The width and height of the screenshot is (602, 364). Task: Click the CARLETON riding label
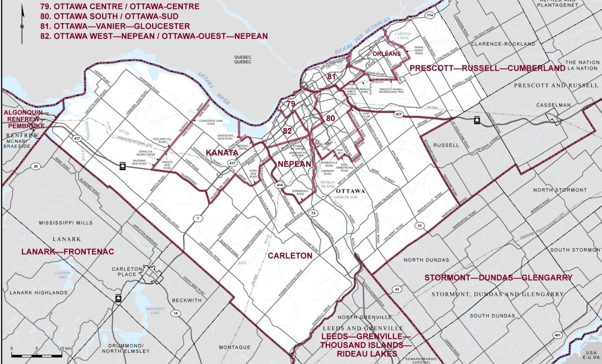click(290, 256)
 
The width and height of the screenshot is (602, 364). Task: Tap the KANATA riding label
click(222, 153)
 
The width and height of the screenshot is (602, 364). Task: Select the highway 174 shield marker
click(430, 15)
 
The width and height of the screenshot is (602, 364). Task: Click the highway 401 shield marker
click(557, 335)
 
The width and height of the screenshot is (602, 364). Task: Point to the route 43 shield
click(397, 289)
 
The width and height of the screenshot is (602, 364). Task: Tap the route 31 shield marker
click(420, 226)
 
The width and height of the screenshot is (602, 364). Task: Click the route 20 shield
click(36, 166)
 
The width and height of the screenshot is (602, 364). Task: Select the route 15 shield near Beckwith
click(176, 313)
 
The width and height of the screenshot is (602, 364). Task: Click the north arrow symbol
click(22, 24)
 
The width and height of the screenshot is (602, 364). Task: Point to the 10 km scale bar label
click(65, 348)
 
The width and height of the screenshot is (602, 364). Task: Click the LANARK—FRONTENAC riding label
click(67, 252)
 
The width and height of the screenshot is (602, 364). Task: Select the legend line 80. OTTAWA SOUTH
click(109, 16)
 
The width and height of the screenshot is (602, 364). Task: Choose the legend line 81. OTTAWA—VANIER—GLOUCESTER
click(115, 26)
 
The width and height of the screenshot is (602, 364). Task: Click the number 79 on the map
click(290, 104)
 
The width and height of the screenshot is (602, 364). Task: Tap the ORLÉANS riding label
click(386, 54)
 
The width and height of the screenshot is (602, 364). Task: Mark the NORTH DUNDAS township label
click(427, 260)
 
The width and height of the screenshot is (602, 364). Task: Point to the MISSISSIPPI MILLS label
click(66, 223)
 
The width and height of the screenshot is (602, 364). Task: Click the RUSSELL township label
click(446, 145)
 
